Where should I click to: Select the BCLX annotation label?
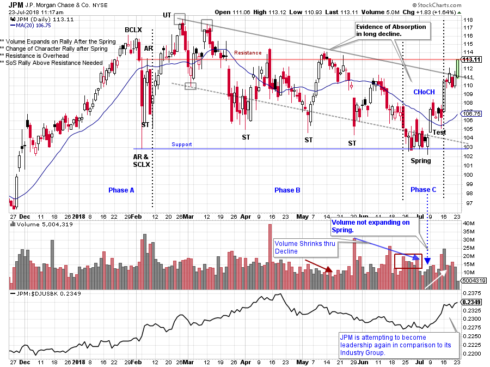point(133,31)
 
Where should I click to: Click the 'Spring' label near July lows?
point(421,160)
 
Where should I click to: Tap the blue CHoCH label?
point(424,92)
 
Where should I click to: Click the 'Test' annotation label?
point(439,133)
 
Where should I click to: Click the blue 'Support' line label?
point(182,145)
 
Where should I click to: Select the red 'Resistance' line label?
point(248,53)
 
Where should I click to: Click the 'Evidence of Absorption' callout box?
point(391,31)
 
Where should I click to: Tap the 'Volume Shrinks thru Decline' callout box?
point(304,248)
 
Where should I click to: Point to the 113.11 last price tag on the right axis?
point(469,59)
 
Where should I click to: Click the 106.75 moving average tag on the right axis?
point(469,113)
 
